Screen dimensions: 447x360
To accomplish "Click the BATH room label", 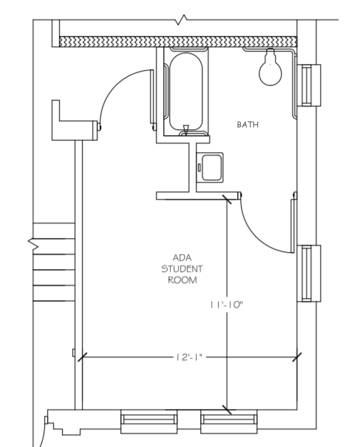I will pos(248,125).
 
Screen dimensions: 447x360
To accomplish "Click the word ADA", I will pos(182,258).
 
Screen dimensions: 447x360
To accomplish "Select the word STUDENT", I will pos(182,269).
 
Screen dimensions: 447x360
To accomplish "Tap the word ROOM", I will pos(182,281).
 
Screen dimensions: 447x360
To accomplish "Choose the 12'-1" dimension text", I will pos(187,357).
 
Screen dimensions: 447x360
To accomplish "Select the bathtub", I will pos(185,92).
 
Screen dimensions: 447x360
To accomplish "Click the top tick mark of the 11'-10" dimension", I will pos(227,199).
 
